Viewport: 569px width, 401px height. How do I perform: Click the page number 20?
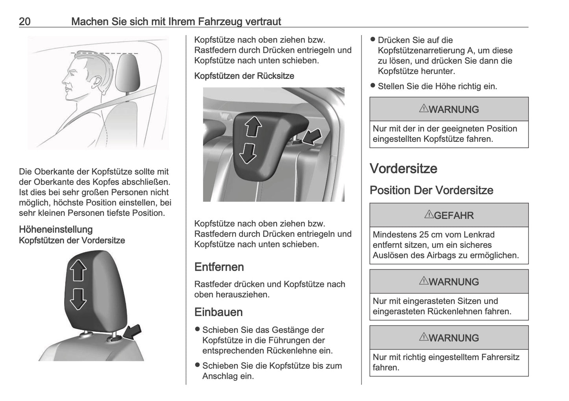point(24,21)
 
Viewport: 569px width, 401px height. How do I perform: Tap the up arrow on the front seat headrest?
point(78,271)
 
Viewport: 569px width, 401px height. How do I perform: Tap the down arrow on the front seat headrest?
point(78,299)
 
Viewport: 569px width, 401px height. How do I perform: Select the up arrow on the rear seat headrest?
point(253,127)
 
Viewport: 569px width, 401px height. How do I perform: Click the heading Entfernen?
point(219,267)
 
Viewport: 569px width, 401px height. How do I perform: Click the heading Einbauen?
point(218,312)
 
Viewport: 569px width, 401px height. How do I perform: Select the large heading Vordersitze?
point(403,169)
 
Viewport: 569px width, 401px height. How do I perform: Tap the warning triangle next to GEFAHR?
point(428,215)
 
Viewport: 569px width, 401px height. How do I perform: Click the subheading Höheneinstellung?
point(56,230)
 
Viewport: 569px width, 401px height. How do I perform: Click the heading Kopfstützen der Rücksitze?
point(244,76)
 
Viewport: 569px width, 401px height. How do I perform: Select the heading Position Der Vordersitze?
point(431,190)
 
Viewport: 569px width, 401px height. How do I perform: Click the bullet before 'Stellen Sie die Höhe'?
point(373,86)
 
